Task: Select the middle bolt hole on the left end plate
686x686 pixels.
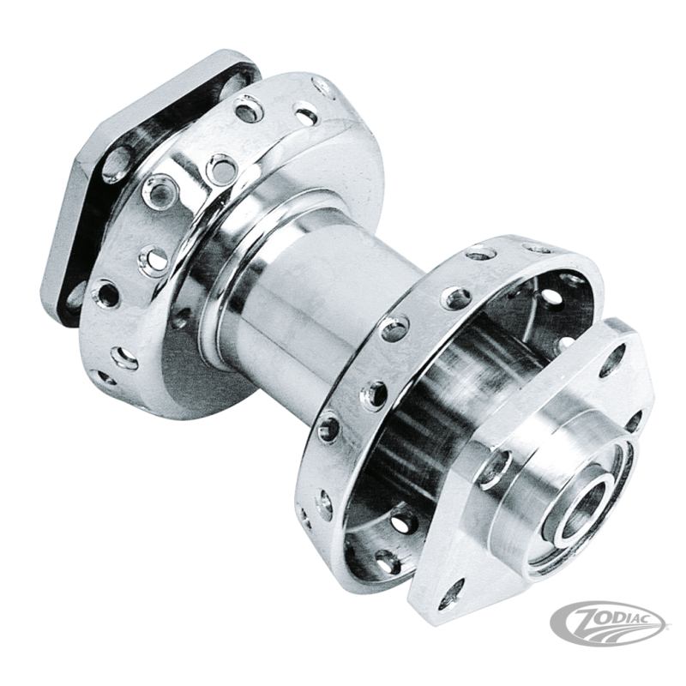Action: click(114, 168)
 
